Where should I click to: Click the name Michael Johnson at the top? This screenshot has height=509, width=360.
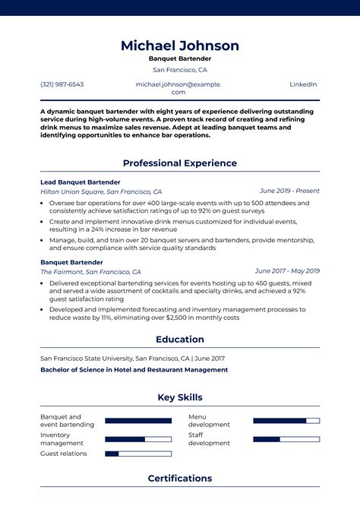180,46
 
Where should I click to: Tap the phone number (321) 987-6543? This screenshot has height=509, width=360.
62,84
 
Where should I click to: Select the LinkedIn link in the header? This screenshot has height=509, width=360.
303,84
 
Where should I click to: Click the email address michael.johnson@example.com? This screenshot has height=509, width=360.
178,88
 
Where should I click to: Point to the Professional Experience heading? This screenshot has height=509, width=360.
180,163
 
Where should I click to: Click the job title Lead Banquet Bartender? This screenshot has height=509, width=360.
81,182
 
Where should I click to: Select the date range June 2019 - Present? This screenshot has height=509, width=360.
289,191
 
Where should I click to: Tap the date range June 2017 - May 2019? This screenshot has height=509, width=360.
287,270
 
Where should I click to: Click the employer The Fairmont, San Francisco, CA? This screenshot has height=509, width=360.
90,271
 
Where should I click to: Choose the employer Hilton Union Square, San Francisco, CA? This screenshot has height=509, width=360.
101,192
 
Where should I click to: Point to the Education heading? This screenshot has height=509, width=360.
180,340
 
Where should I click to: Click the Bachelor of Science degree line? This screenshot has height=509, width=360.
134,370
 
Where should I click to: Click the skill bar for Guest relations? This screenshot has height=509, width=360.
138,454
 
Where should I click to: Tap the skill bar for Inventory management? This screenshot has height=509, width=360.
138,438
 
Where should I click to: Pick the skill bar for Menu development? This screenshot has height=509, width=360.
286,420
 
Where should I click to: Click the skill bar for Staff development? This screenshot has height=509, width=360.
286,438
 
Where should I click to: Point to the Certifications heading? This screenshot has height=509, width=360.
180,478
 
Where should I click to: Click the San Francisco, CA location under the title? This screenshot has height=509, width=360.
180,70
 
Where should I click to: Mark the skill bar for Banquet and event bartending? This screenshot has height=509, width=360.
138,420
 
